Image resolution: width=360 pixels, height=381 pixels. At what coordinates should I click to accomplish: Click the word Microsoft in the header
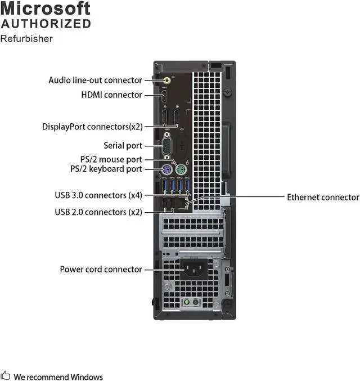45,8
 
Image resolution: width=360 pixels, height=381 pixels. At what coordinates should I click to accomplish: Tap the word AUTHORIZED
46,24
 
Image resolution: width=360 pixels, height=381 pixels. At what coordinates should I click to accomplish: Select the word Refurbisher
26,39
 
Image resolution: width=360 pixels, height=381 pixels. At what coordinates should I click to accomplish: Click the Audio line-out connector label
95,80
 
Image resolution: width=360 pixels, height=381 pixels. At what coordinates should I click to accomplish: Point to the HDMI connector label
111,95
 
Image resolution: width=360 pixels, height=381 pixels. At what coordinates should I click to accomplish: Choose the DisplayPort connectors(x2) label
92,127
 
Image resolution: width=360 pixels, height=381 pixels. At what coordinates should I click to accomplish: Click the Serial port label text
123,146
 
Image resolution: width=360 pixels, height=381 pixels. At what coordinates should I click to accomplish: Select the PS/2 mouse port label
111,160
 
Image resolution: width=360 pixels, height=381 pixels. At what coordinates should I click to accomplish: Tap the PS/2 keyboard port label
106,169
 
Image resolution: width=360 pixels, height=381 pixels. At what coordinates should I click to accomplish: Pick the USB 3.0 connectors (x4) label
98,196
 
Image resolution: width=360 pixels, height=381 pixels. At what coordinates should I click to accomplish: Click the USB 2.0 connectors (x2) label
98,212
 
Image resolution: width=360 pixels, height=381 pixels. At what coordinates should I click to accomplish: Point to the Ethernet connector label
323,198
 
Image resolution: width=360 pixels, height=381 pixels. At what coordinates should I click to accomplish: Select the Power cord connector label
101,270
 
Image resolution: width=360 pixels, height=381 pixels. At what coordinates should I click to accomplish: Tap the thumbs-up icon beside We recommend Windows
6,376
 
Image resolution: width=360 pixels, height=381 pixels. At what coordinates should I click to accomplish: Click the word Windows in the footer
87,376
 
